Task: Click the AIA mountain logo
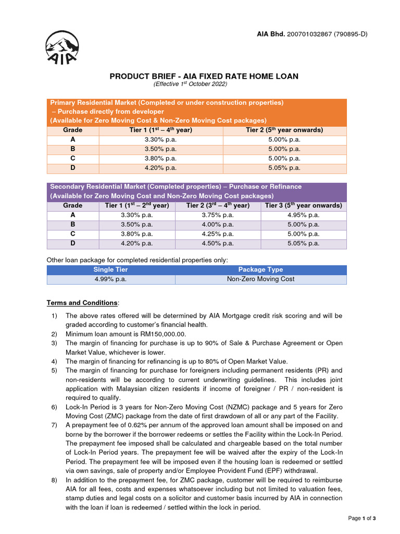pos(63,47)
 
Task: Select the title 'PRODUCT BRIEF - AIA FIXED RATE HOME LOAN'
pos(204,76)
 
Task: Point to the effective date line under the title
pos(190,84)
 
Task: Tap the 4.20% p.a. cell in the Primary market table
pos(160,168)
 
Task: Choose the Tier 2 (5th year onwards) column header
pos(284,130)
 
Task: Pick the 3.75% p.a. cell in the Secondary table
pos(218,215)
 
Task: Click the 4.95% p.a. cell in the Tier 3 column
pos(304,215)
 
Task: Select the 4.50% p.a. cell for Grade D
pos(218,243)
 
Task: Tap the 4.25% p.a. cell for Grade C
pos(218,234)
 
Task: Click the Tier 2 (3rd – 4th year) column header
pos(218,205)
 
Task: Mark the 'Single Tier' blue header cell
pos(110,270)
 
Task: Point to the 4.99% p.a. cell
pos(110,279)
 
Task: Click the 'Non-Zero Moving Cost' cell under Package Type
pos(260,279)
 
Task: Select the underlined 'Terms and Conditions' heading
pos(82,303)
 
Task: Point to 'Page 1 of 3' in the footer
pos(361,518)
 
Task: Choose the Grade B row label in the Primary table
pos(72,149)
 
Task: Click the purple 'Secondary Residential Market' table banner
pos(196,191)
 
